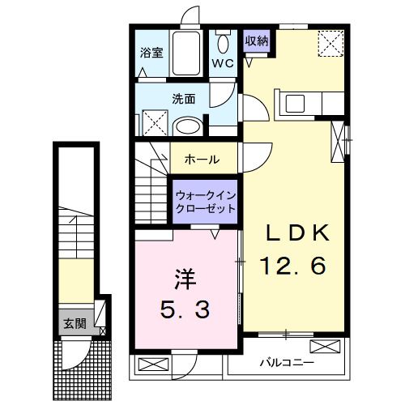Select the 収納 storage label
pos(258,40)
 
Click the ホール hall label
pos(202,160)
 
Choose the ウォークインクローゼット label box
pos(206,202)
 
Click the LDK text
pos(298,233)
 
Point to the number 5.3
pos(186,309)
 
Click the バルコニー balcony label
pos(287,362)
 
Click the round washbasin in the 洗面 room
pos(188,126)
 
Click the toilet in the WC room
pos(223,42)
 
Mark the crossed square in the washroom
pos(154,122)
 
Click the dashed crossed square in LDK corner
pos(329,41)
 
